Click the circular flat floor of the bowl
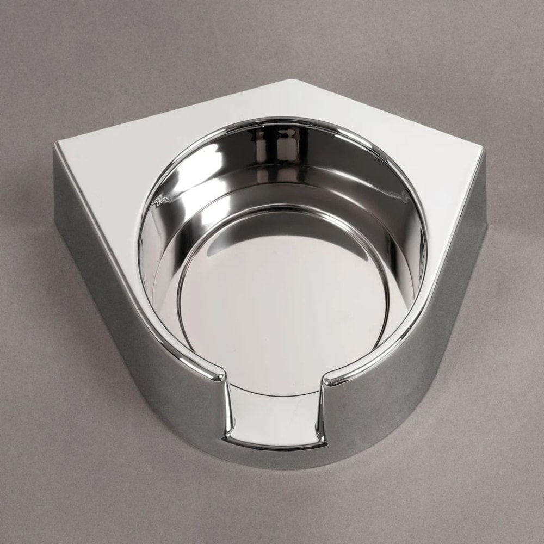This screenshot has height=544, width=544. pos(283,305)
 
